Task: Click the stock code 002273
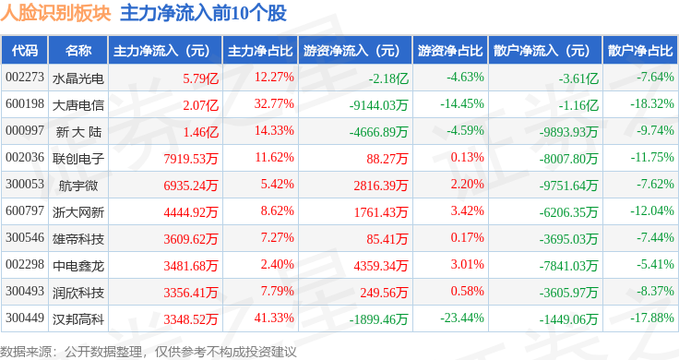(25, 78)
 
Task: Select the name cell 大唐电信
(77, 105)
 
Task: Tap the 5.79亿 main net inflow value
(200, 78)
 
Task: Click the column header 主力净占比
(260, 51)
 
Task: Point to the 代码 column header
(25, 51)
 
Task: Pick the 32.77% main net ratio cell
(274, 104)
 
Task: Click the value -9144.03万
(379, 105)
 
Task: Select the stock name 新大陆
(78, 132)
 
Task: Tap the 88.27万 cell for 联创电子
(387, 159)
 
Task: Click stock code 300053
(25, 184)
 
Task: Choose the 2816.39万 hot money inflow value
(381, 186)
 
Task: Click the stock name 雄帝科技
(77, 239)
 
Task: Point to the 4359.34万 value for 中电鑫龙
(381, 266)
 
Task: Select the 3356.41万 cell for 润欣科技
(191, 293)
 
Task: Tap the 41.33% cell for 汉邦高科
(274, 318)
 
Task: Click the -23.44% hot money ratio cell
(462, 318)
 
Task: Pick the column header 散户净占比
(640, 51)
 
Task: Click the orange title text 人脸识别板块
(55, 13)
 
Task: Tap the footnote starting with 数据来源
(149, 352)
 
